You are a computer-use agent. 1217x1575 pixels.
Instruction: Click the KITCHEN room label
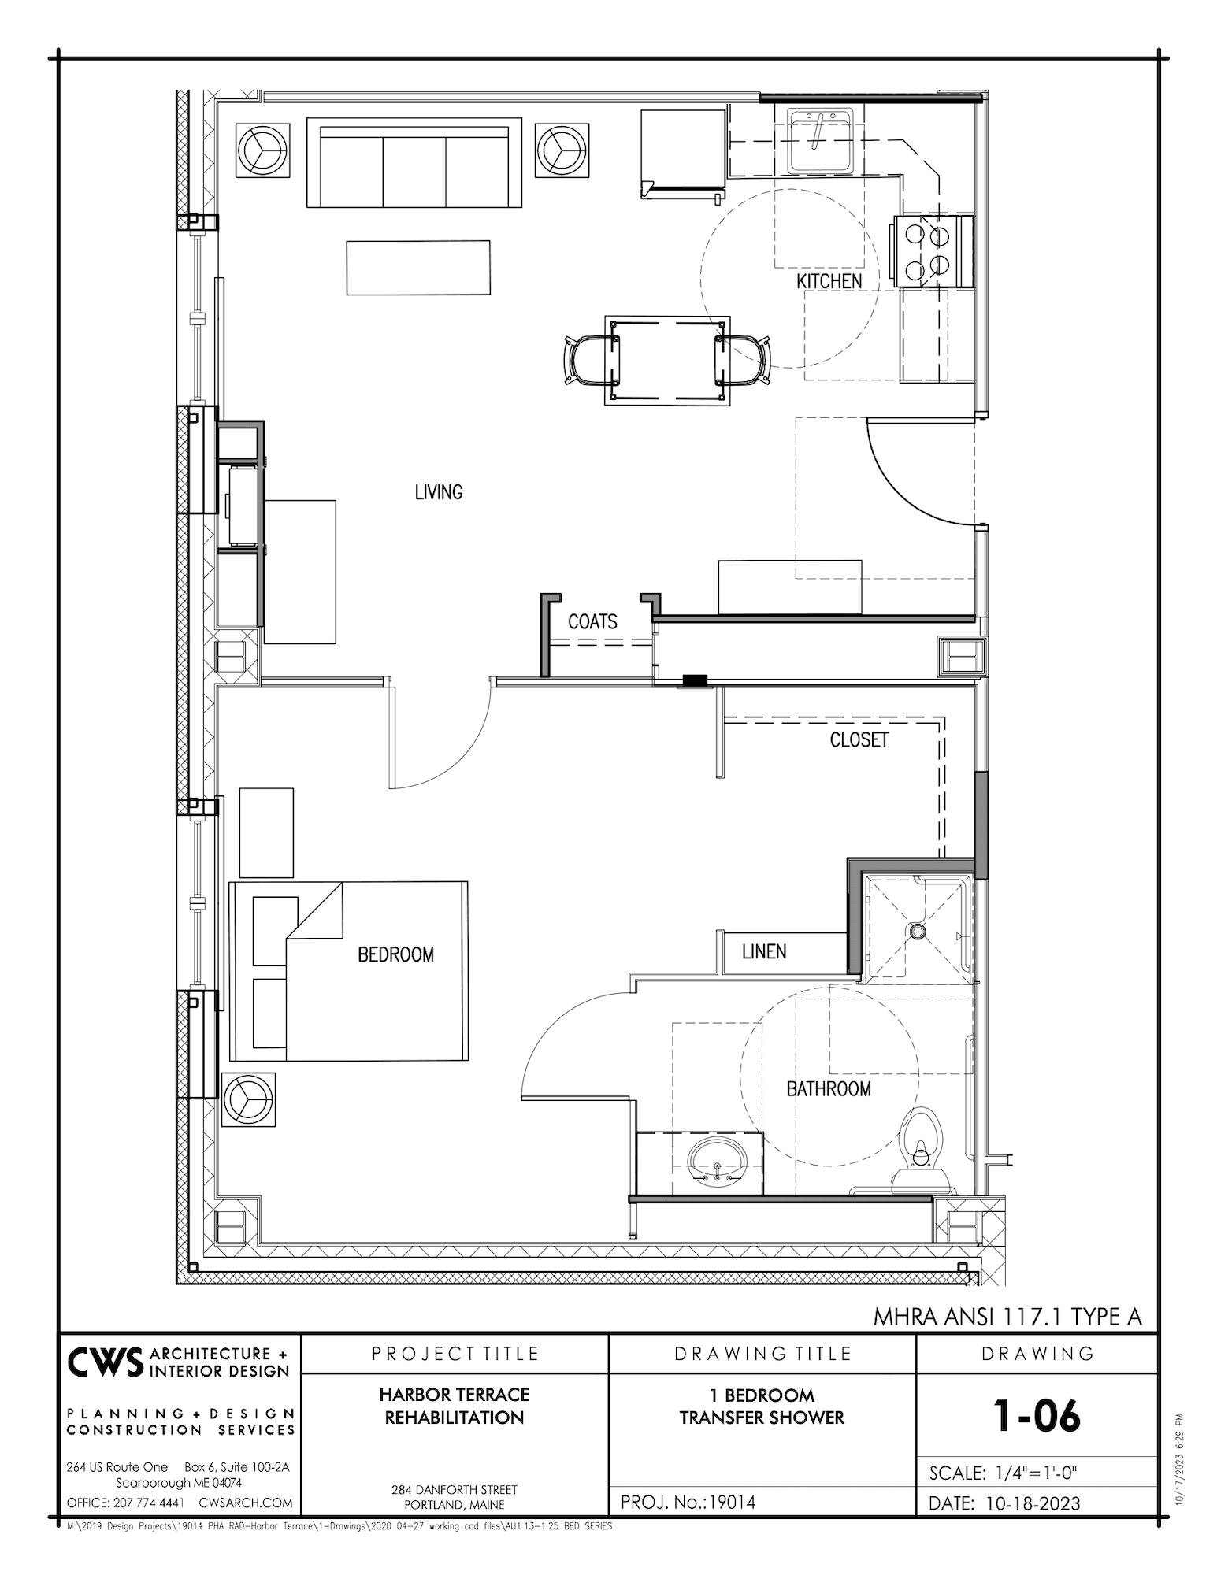coord(829,281)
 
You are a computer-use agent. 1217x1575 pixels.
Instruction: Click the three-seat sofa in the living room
coord(414,163)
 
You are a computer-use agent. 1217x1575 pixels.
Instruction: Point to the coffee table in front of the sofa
coord(418,268)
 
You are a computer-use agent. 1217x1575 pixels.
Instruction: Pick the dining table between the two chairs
coord(667,361)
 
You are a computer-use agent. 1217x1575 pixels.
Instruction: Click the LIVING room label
coord(439,492)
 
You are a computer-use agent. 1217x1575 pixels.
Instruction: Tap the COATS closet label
coord(592,622)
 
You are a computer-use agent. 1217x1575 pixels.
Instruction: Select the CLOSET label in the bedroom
coord(859,740)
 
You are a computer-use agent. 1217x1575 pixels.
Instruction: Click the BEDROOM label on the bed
coord(395,954)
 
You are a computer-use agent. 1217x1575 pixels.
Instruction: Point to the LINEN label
coord(764,951)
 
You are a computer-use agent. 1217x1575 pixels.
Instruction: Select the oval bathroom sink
coord(716,1164)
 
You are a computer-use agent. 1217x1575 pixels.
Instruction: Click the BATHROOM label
coord(829,1089)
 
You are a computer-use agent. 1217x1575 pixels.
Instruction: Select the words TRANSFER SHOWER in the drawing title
coord(762,1417)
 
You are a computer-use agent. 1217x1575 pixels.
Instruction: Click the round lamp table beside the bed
coord(249,1099)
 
